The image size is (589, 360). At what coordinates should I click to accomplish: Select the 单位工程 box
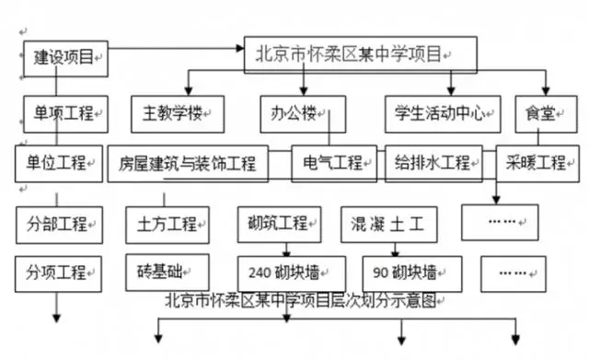coord(57,163)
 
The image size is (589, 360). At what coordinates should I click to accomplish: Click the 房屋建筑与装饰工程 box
coord(188,164)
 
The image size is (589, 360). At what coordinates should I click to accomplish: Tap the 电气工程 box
coord(332,163)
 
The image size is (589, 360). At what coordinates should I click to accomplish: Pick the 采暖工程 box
coord(536,163)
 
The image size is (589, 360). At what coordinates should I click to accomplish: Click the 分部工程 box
coord(57,222)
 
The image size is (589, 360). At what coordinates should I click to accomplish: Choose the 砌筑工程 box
coord(279,222)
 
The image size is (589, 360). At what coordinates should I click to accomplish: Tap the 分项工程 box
coord(57,272)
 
